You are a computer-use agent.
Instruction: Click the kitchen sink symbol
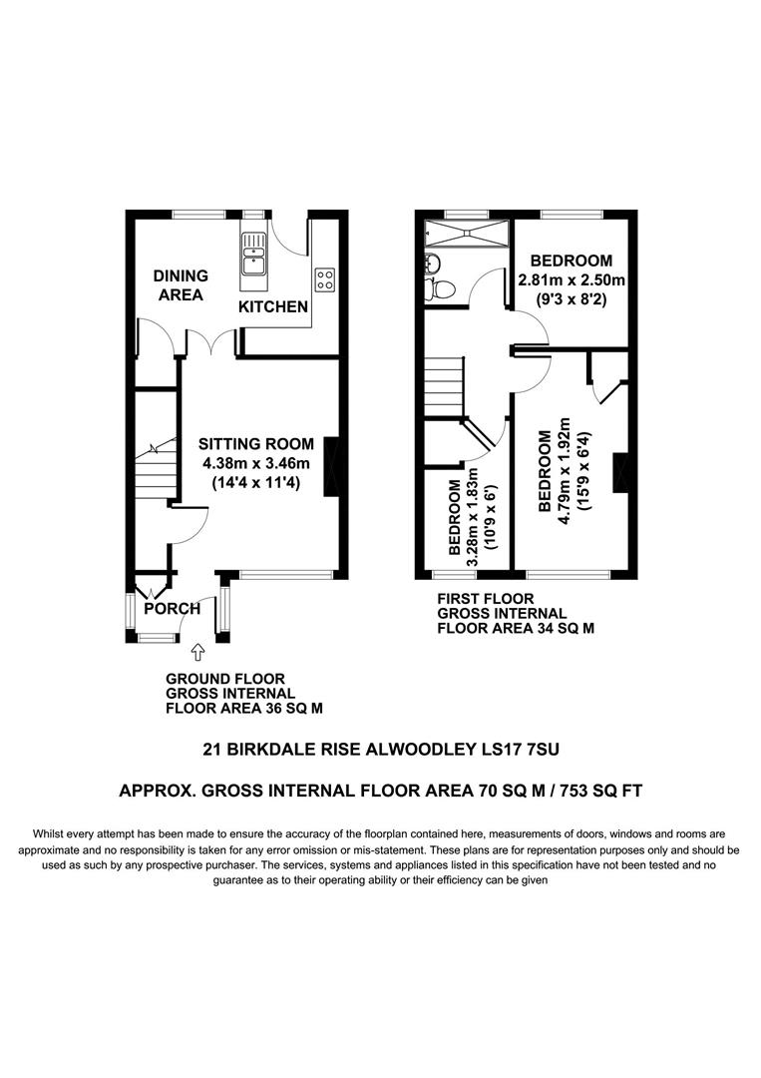click(x=252, y=254)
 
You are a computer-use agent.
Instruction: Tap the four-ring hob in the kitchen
click(x=325, y=278)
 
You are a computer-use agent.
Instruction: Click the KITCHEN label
click(x=272, y=306)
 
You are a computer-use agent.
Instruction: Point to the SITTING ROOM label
click(x=255, y=444)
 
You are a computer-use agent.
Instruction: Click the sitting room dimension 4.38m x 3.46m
click(x=255, y=464)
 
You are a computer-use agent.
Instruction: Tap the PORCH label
click(x=172, y=608)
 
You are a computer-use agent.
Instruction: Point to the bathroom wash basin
click(x=431, y=263)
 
